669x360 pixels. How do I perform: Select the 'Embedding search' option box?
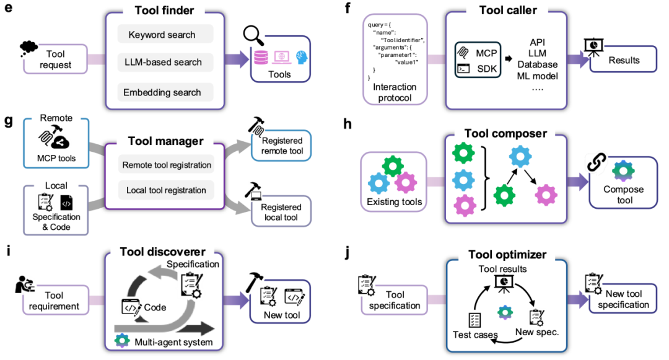click(x=165, y=92)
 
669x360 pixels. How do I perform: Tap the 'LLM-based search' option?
click(x=165, y=63)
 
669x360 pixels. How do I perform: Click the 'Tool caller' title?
click(x=508, y=11)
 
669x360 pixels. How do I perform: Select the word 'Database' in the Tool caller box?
click(x=537, y=64)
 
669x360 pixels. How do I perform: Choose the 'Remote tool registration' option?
click(x=167, y=165)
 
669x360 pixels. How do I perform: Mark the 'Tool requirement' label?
click(x=55, y=301)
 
